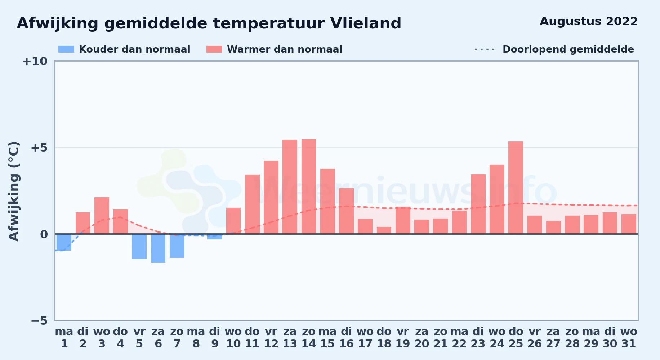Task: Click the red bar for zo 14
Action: tap(309, 186)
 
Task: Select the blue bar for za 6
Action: tap(158, 248)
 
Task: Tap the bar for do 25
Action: tap(516, 188)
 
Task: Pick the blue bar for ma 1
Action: tap(64, 242)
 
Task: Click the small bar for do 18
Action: tap(384, 230)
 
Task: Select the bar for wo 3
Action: tap(102, 216)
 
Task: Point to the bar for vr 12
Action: tap(271, 197)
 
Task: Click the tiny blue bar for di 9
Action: tap(215, 237)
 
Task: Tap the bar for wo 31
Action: tap(629, 224)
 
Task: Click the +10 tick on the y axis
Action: tap(35, 62)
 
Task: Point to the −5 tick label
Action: tap(39, 321)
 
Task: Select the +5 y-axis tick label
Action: tap(39, 148)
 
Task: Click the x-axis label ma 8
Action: tap(196, 338)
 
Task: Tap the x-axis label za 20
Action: tap(422, 338)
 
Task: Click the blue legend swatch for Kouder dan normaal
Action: tap(66, 49)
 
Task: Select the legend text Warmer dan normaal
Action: tap(285, 49)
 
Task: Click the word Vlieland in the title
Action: tap(366, 23)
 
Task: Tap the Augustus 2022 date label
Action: tap(589, 22)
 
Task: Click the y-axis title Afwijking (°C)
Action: tap(14, 191)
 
